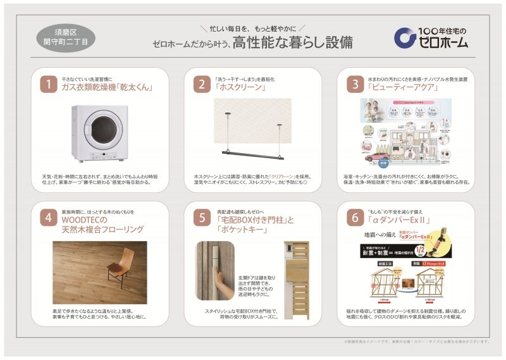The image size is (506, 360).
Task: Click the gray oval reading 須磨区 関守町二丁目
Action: click(66, 37)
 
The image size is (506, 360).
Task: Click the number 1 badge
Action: click(49, 84)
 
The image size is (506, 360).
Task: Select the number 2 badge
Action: click(201, 84)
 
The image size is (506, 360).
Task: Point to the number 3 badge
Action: click(353, 84)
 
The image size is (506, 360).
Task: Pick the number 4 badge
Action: click(49, 218)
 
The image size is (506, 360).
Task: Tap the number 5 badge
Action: click(201, 218)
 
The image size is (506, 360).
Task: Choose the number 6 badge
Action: click(353, 218)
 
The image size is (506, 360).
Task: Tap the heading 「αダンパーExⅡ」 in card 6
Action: click(398, 221)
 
